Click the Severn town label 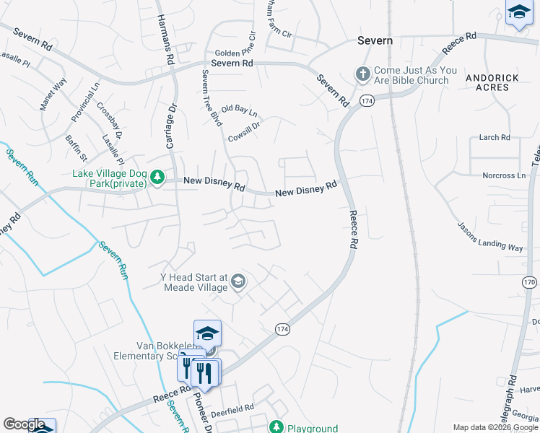375,41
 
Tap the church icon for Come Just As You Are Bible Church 362,73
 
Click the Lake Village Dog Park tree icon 156,178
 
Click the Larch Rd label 495,137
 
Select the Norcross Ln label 503,175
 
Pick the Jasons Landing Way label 490,236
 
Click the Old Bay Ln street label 239,111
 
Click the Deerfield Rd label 232,408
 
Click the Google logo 24,424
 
